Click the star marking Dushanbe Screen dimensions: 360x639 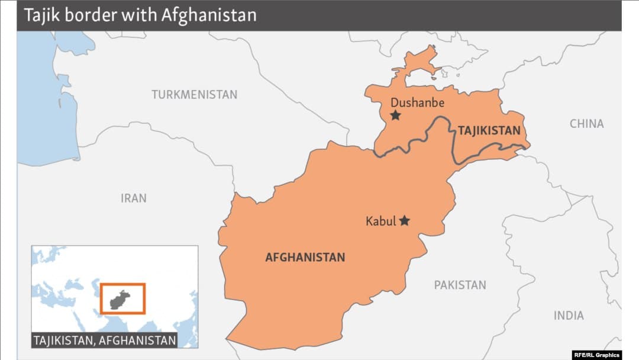click(395, 115)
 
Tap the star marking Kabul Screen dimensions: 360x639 click(405, 220)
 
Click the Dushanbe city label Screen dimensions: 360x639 click(417, 102)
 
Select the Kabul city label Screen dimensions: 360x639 click(380, 221)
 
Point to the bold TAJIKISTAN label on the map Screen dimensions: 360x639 click(489, 131)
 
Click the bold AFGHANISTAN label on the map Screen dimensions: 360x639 click(305, 258)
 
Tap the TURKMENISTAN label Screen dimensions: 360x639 click(194, 95)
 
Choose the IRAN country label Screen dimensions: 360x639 click(133, 198)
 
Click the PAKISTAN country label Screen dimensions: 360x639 click(460, 285)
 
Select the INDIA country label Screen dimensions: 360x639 click(568, 316)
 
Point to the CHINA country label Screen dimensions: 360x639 click(586, 124)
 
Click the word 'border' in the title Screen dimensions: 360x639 click(92, 15)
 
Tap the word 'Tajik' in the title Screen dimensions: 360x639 click(41, 15)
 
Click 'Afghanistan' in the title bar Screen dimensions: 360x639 click(209, 15)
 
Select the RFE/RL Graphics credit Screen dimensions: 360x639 click(596, 355)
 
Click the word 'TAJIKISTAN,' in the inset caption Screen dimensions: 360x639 click(65, 340)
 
